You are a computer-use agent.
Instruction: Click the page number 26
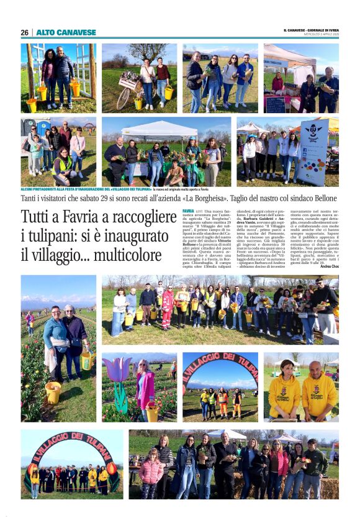[25, 32]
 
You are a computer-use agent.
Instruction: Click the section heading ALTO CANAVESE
[66, 32]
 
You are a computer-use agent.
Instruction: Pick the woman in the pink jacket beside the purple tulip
[145, 388]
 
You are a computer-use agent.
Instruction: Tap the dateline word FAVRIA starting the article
[188, 212]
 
